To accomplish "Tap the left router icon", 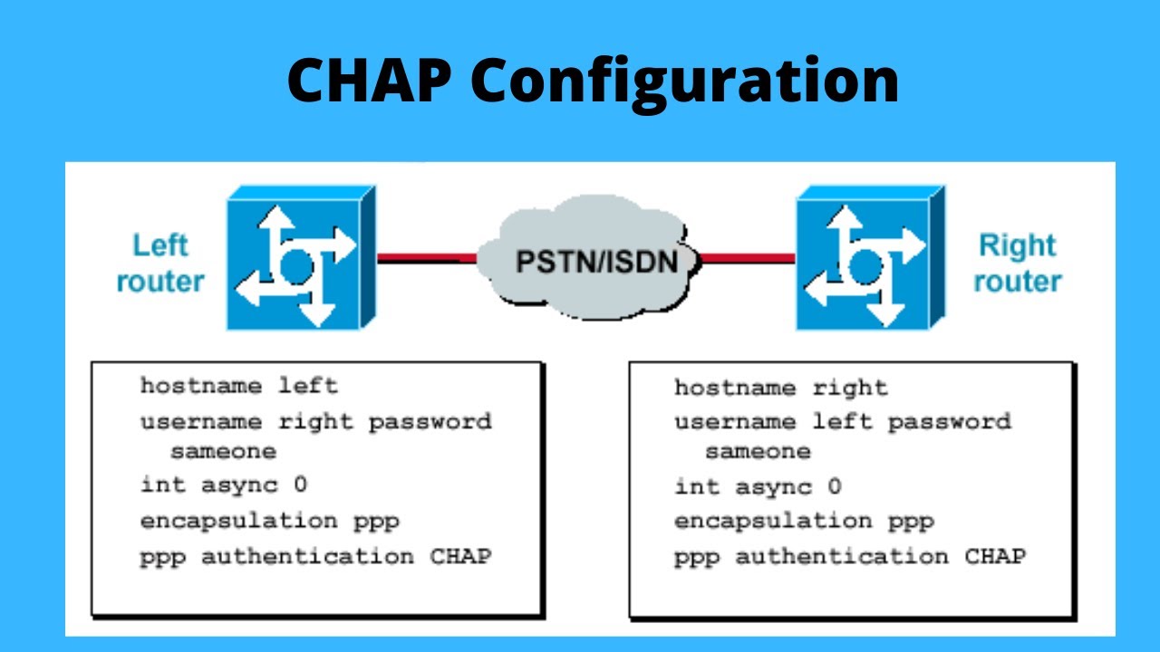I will point(299,257).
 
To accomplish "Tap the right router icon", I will point(868,257).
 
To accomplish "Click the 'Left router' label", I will point(159,263).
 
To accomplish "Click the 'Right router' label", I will point(1017,263).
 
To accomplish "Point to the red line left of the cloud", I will point(426,258).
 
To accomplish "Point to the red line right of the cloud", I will point(748,258).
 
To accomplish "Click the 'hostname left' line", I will point(238,386).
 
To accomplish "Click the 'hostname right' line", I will point(780,388).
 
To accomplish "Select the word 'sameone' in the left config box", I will point(223,451).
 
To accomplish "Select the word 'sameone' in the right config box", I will point(758,451).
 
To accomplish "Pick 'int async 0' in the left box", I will point(224,484).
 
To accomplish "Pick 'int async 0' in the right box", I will point(758,487).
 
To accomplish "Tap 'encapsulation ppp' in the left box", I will point(269,522).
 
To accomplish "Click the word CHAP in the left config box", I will point(460,556).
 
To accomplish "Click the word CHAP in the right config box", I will point(995,556).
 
